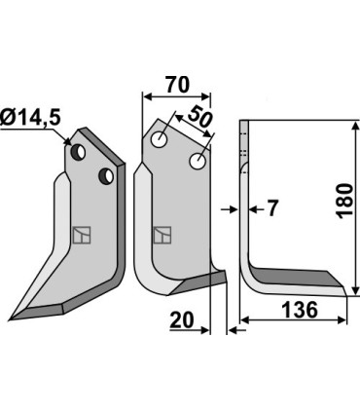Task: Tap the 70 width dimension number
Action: pyautogui.click(x=176, y=85)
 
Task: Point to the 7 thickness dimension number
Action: pyautogui.click(x=271, y=208)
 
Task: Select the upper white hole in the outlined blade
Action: pyautogui.click(x=158, y=140)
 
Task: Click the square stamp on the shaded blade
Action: pyautogui.click(x=81, y=235)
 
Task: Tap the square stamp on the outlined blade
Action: pyautogui.click(x=162, y=234)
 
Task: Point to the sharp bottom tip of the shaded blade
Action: pyautogui.click(x=11, y=318)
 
